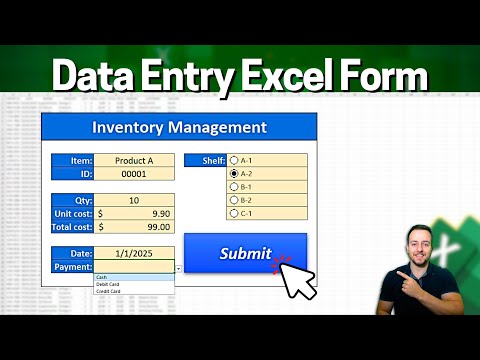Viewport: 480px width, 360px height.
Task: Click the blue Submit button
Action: pyautogui.click(x=245, y=254)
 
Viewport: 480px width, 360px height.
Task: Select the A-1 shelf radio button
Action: pyautogui.click(x=234, y=160)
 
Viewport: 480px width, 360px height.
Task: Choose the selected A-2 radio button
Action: pyautogui.click(x=234, y=173)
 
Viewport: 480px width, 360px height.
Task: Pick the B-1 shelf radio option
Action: pyautogui.click(x=234, y=186)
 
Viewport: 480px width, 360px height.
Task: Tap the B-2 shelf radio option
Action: pyautogui.click(x=234, y=199)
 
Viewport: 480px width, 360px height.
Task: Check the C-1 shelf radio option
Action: pyautogui.click(x=234, y=212)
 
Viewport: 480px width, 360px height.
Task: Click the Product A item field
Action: pyautogui.click(x=134, y=160)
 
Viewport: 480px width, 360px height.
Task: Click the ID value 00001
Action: pyautogui.click(x=134, y=173)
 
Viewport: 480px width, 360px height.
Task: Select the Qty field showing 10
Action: pyautogui.click(x=134, y=200)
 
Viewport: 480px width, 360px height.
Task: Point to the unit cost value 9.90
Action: pyautogui.click(x=140, y=213)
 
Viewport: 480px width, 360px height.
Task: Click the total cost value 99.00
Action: pyautogui.click(x=140, y=227)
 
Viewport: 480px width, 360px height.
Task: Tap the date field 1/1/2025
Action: pyautogui.click(x=134, y=254)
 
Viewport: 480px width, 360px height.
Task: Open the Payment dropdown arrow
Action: pyautogui.click(x=178, y=268)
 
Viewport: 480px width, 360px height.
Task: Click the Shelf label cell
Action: pyautogui.click(x=204, y=160)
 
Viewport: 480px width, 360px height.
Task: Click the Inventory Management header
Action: pyautogui.click(x=179, y=127)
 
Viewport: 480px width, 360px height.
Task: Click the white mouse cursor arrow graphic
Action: pyautogui.click(x=297, y=279)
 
